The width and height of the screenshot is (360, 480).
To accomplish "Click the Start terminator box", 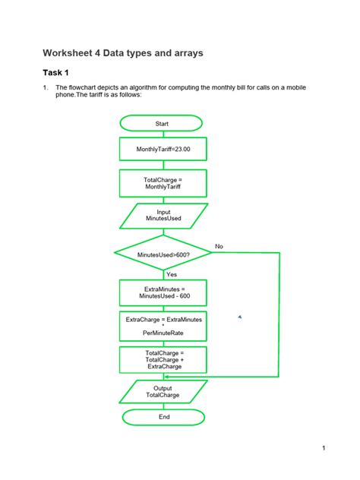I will pyautogui.click(x=162, y=123).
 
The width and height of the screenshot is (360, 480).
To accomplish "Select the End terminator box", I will pyautogui.click(x=163, y=417).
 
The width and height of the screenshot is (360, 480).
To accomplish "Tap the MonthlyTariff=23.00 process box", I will pyautogui.click(x=163, y=150).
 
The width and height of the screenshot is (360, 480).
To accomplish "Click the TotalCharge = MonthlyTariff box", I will pyautogui.click(x=163, y=183).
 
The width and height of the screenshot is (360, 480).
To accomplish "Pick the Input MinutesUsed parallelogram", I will pyautogui.click(x=163, y=216).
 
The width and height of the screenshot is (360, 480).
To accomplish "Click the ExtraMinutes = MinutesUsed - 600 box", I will pyautogui.click(x=163, y=293).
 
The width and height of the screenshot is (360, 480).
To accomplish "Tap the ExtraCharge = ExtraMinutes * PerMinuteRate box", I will pyautogui.click(x=163, y=326).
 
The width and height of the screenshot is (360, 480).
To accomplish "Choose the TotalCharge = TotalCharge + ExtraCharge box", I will pyautogui.click(x=163, y=360).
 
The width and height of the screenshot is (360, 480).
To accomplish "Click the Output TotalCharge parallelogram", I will pyautogui.click(x=163, y=392).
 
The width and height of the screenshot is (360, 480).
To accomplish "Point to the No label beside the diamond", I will pyautogui.click(x=219, y=246).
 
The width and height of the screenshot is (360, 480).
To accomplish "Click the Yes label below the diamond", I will pyautogui.click(x=171, y=274).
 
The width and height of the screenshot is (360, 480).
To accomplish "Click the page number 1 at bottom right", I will pyautogui.click(x=324, y=447).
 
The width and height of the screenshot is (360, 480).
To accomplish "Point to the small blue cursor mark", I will pyautogui.click(x=239, y=316).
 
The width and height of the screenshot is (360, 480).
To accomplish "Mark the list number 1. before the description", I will pyautogui.click(x=45, y=87).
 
